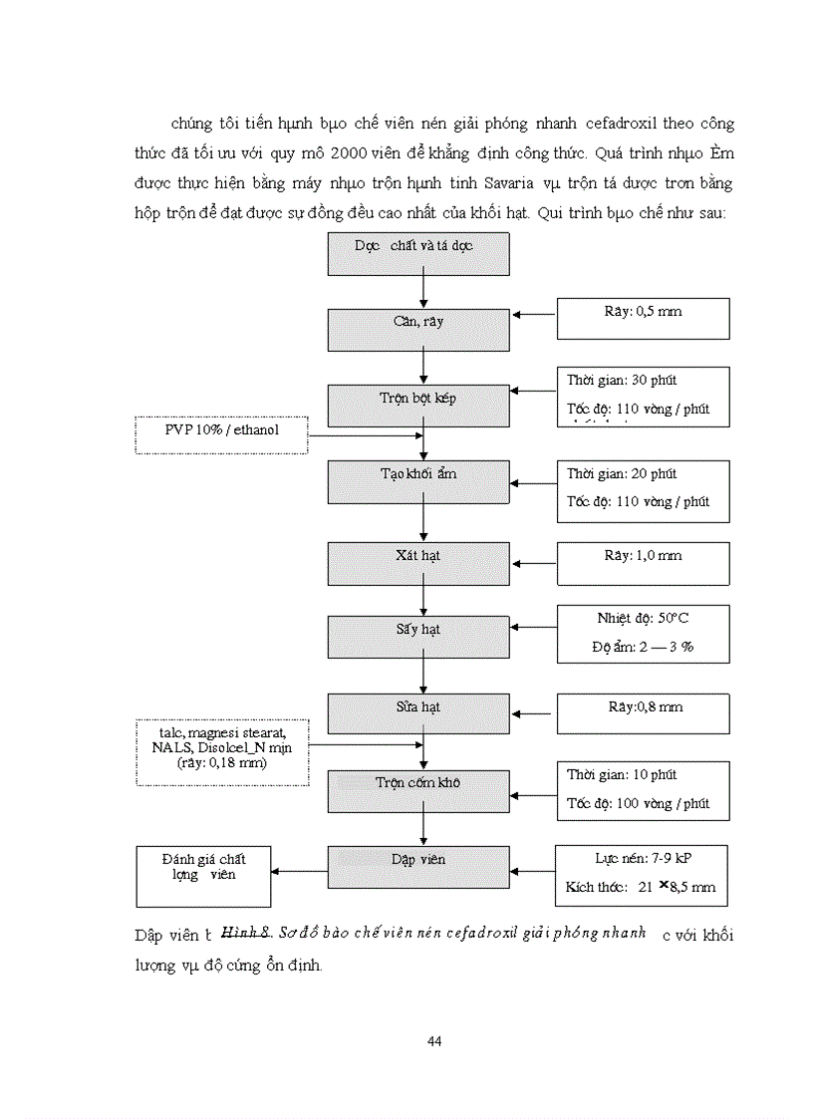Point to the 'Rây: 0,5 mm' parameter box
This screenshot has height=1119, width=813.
click(x=643, y=318)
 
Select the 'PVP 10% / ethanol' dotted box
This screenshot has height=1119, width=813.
click(x=221, y=434)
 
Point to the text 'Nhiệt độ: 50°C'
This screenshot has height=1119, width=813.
click(x=643, y=619)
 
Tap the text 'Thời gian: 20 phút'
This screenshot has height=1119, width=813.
click(x=622, y=474)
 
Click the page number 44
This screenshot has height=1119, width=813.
click(x=433, y=1041)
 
